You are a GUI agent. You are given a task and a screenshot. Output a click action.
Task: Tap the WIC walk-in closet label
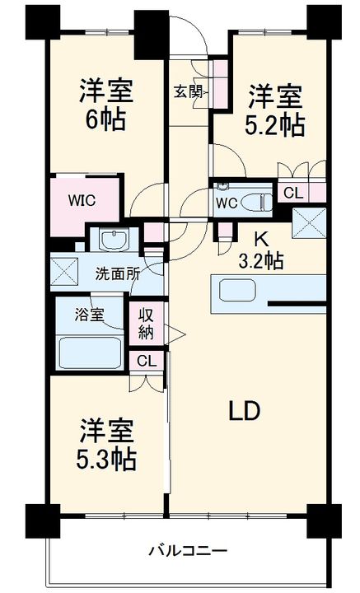click(x=81, y=200)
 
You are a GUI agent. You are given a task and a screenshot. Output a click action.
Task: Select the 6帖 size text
click(x=106, y=119)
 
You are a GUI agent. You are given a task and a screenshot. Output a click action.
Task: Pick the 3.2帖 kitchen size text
click(x=261, y=262)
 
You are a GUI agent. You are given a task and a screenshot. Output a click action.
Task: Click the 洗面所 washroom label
click(x=116, y=274)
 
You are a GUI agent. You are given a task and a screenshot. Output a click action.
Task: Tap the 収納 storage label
click(x=147, y=323)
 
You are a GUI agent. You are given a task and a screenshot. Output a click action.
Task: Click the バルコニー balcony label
click(x=188, y=550)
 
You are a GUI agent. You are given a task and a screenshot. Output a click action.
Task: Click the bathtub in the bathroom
click(x=90, y=353)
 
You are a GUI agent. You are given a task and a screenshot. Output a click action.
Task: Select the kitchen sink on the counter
click(x=238, y=291)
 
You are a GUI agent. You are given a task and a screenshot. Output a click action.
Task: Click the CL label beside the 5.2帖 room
click(x=292, y=193)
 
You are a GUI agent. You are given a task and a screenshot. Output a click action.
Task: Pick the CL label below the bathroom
click(x=146, y=360)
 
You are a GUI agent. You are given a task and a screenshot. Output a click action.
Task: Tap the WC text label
click(x=227, y=202)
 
